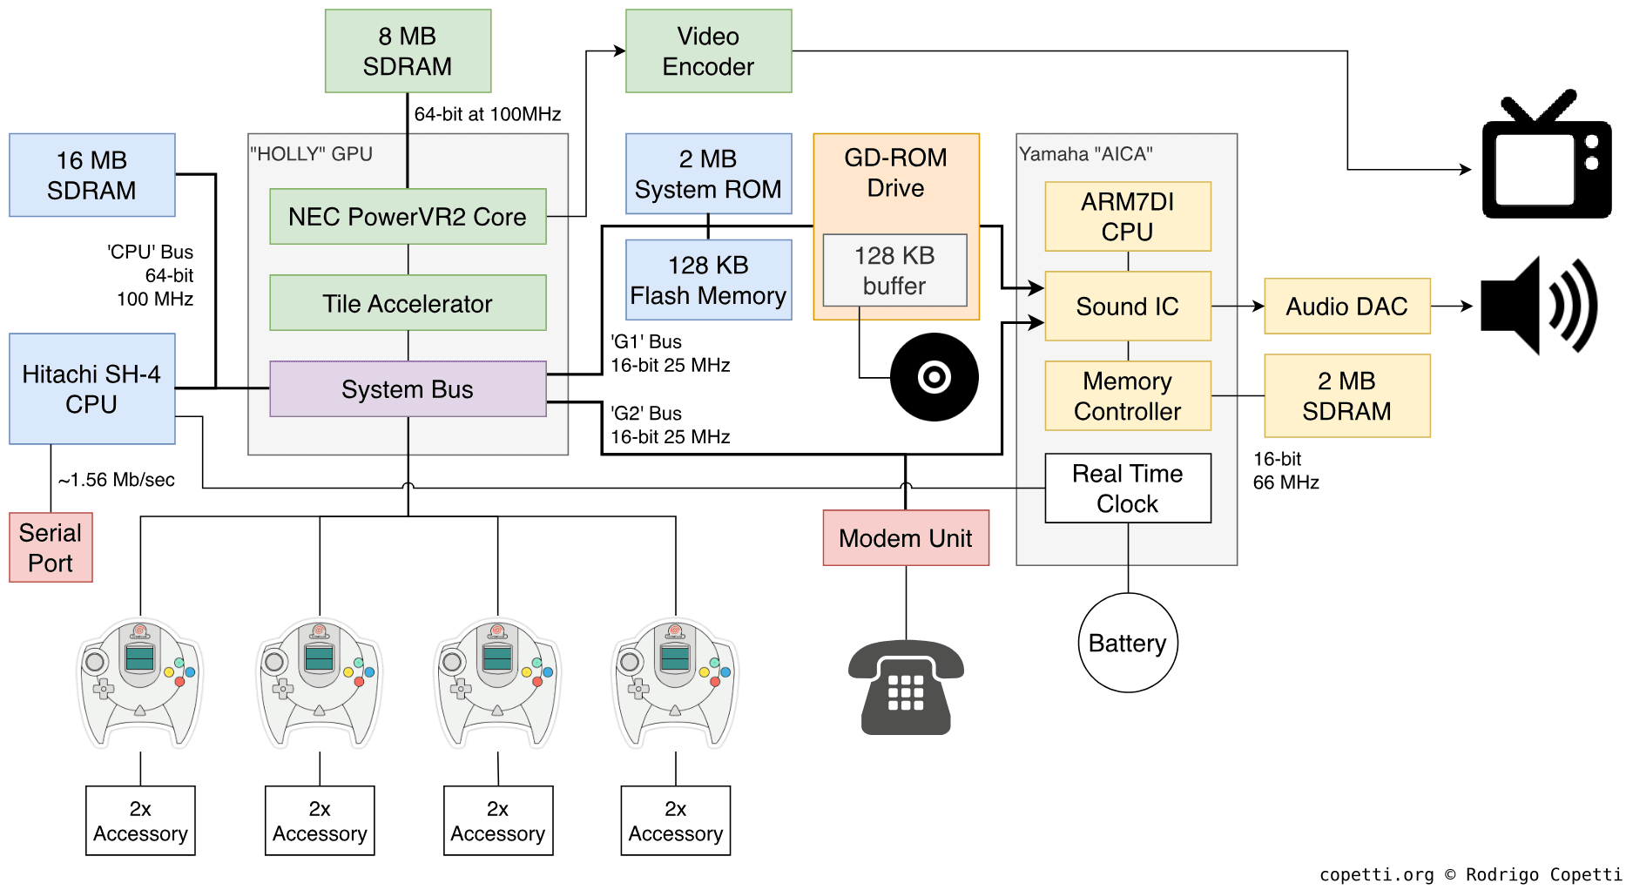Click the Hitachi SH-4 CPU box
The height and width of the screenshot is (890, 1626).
coord(91,388)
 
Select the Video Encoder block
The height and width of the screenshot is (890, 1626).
coord(708,51)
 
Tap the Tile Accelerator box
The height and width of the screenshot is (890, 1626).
coord(408,303)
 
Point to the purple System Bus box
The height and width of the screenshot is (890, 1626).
coord(408,388)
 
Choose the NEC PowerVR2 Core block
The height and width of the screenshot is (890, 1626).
coord(408,216)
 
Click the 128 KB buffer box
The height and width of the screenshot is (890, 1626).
coord(894,270)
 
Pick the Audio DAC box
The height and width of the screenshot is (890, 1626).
coord(1346,306)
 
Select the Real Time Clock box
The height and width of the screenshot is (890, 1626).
coord(1127,489)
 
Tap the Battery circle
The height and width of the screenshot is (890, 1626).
coord(1128,643)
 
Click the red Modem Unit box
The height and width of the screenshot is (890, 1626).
coord(906,537)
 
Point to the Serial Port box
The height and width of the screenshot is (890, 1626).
coord(51,548)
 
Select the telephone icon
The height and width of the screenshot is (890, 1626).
coord(906,688)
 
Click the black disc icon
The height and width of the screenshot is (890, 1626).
coord(934,377)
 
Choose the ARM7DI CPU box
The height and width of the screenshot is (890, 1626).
coord(1127,217)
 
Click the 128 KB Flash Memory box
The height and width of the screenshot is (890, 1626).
coord(708,280)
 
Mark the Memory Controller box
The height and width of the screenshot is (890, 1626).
coord(1127,396)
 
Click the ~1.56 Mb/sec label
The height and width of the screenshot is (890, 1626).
coord(116,480)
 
